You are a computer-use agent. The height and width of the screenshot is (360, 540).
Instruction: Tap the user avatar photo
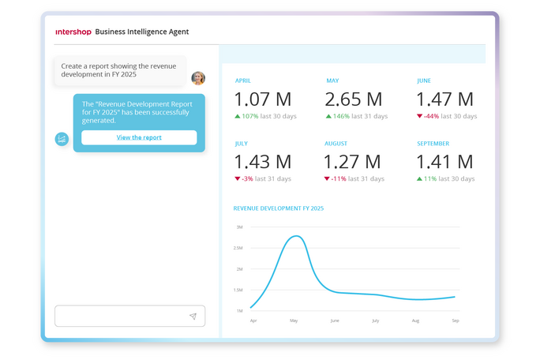198,78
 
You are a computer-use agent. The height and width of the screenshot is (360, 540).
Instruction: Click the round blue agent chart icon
62,139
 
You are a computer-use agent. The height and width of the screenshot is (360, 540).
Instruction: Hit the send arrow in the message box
193,317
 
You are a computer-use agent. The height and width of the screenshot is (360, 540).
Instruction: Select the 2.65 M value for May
354,99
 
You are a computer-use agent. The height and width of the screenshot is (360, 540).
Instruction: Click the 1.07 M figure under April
263,99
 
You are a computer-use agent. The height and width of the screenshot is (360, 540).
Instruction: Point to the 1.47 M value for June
444,99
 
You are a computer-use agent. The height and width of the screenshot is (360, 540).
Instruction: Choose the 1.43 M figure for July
263,162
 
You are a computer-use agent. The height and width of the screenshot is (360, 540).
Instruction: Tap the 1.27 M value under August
354,162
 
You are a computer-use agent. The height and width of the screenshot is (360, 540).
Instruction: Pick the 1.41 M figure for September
444,162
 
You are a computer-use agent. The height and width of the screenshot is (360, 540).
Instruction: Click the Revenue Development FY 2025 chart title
279,208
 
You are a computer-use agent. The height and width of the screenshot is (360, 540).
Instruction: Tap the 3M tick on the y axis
239,227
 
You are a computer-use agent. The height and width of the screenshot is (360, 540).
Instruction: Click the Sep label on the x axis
456,321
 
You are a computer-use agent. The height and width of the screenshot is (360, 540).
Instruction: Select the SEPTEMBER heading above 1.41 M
433,144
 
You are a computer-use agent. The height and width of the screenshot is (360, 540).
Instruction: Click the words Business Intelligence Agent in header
142,32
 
